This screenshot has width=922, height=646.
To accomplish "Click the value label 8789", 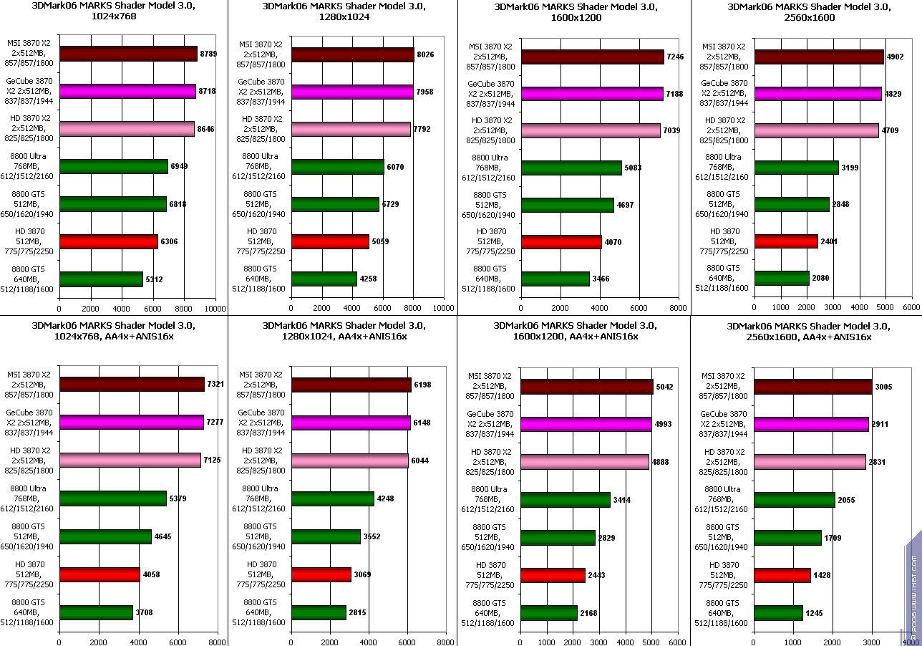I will [208, 54].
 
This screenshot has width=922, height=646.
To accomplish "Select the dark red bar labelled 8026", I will [352, 55].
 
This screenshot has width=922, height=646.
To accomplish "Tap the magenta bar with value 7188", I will [592, 94].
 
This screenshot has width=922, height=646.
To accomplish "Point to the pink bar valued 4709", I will [816, 130].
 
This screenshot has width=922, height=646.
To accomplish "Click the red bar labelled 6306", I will [109, 242].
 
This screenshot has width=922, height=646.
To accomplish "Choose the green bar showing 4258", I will [324, 279].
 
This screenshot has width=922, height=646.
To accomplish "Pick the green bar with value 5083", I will [571, 168].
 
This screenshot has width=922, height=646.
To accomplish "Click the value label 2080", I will [820, 278].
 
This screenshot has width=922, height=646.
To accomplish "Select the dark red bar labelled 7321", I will [132, 385].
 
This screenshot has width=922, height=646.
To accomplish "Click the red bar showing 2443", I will [552, 575].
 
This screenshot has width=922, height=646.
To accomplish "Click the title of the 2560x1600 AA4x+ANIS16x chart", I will [808, 332].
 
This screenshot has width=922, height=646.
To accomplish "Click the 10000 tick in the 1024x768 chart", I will [215, 309].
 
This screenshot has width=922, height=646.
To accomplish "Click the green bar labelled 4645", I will [105, 536].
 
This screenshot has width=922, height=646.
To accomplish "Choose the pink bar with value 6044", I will [349, 461].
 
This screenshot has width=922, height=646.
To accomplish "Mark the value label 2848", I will [840, 204].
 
